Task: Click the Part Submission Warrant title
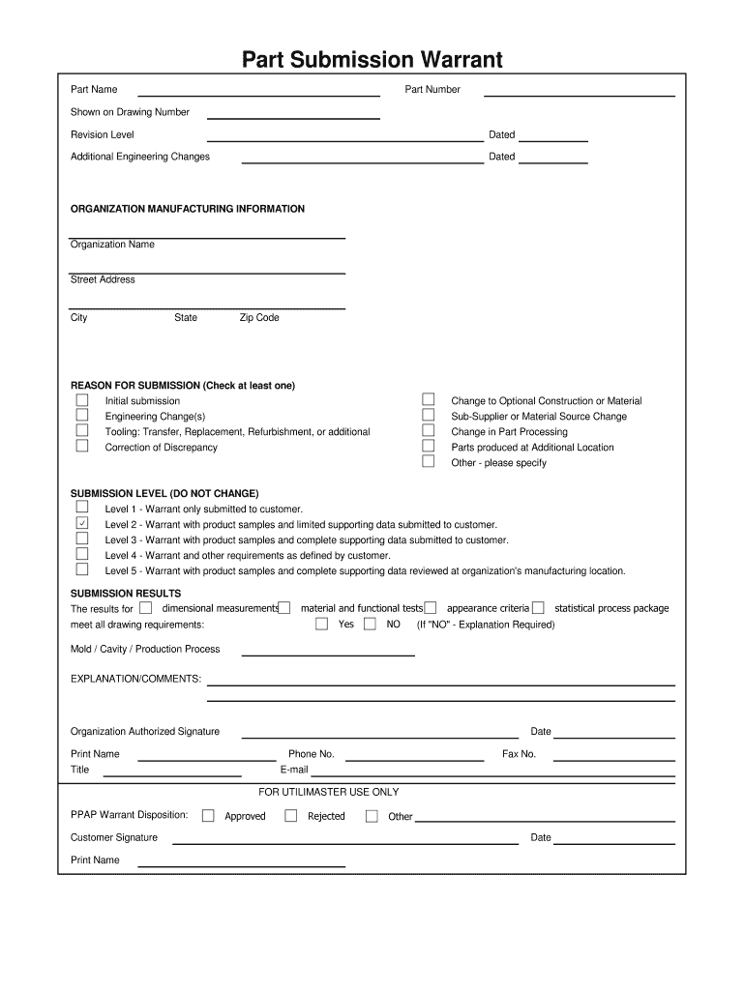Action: point(372,60)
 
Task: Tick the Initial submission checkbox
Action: point(82,400)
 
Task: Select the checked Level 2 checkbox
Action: point(82,523)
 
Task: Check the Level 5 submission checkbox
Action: point(82,569)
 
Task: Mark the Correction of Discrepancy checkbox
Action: point(82,447)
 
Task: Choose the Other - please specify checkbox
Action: point(428,462)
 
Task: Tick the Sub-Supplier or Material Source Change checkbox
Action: point(428,416)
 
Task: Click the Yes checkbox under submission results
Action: point(322,624)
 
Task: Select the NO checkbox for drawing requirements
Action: point(370,624)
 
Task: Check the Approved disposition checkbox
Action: point(208,816)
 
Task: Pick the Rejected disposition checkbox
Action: point(290,816)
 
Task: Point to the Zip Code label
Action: point(259,318)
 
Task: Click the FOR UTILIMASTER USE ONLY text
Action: point(328,792)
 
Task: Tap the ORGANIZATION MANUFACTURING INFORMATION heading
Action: point(188,209)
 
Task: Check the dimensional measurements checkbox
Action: point(145,608)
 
